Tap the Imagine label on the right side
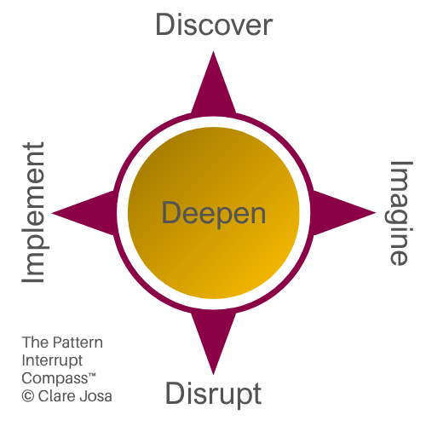[x=398, y=213]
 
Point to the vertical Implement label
[x=32, y=213]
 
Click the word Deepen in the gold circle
[x=213, y=212]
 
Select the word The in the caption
[x=33, y=343]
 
